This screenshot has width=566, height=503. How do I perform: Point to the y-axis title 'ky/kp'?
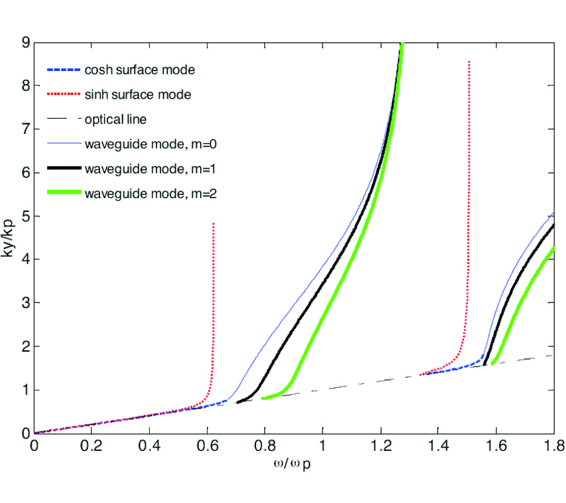coord(9,238)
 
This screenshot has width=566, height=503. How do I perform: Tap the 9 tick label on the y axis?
coord(25,43)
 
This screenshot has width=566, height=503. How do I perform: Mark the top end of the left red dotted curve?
coord(214,223)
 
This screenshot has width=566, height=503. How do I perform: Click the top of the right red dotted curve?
coord(469,62)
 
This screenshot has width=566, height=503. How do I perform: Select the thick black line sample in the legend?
coord(64,168)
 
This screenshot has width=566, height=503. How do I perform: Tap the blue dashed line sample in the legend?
coord(64,70)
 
